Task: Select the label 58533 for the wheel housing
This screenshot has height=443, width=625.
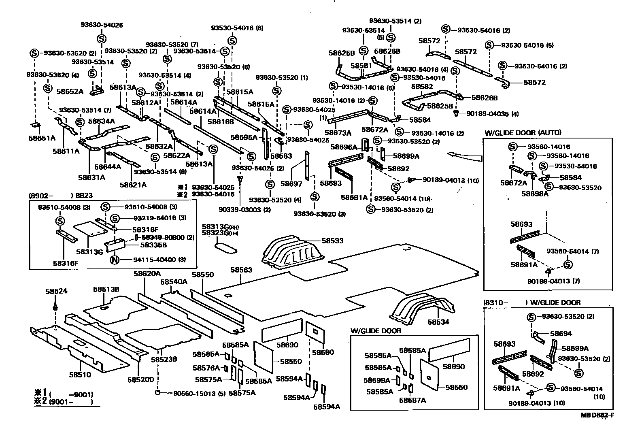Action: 332,241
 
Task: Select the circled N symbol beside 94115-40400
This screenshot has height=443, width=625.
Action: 115,260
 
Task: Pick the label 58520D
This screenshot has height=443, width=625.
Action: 141,379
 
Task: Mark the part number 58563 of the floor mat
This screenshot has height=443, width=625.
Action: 241,270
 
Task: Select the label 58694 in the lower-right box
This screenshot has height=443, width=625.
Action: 561,333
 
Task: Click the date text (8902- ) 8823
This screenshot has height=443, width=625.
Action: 61,195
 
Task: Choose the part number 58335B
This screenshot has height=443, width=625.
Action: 154,245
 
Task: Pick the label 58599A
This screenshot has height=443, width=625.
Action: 376,380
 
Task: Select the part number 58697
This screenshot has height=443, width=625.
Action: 291,183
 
